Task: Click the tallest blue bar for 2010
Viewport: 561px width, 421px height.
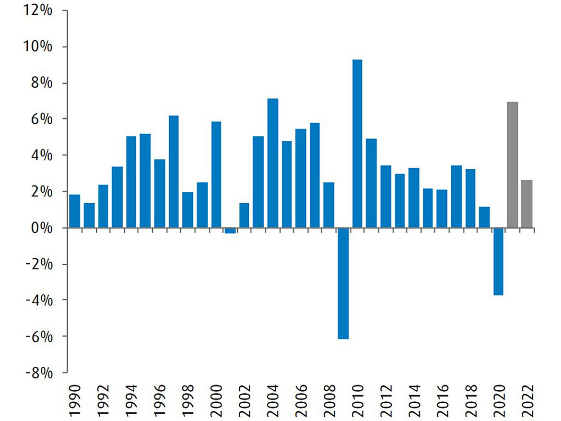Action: click(x=357, y=144)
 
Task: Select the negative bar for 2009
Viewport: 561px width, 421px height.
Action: click(x=343, y=283)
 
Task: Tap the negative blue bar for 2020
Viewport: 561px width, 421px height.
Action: click(x=499, y=261)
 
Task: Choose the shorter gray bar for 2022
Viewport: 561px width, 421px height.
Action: click(x=526, y=204)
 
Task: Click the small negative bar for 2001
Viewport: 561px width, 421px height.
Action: click(x=230, y=231)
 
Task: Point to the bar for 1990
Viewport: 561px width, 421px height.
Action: click(x=75, y=211)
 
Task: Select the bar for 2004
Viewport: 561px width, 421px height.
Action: click(x=272, y=163)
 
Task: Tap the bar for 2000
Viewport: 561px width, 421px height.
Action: click(x=216, y=175)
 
